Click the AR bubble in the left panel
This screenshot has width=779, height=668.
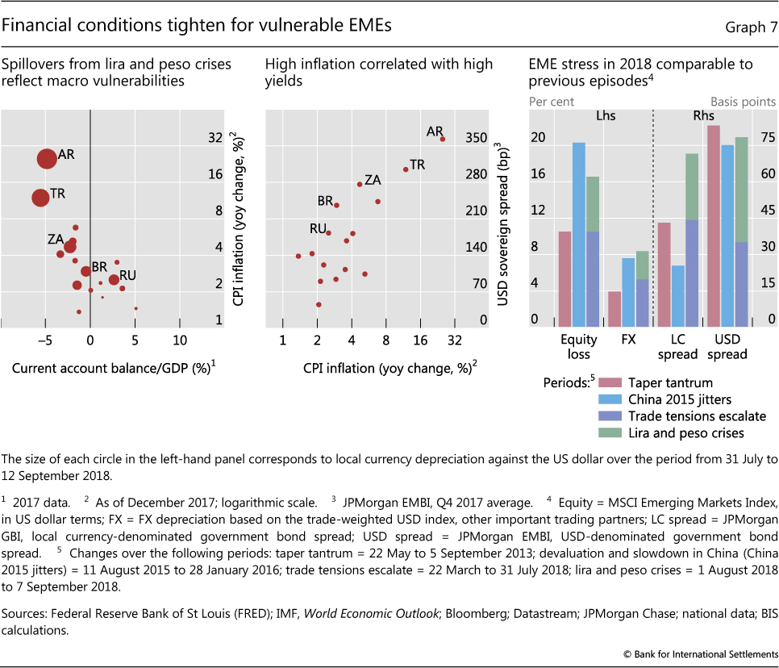pos(47,158)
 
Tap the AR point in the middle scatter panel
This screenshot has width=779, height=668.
pos(443,139)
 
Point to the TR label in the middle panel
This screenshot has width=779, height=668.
pos(418,165)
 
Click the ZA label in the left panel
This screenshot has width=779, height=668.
pos(56,239)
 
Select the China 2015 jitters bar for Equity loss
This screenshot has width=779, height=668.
pos(579,234)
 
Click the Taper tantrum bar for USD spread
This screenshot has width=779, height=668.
pos(714,225)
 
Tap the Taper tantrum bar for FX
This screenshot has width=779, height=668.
pos(614,308)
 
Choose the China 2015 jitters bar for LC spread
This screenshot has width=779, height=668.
pos(677,295)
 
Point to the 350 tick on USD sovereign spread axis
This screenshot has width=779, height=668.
pos(477,139)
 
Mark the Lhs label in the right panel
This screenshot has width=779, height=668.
pos(604,115)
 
